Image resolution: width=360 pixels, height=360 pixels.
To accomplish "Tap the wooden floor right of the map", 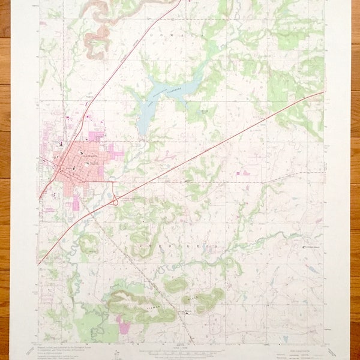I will click(355, 180).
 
